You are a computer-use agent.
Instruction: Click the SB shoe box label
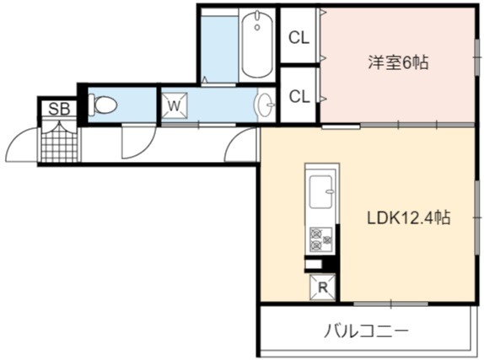pos(59,109)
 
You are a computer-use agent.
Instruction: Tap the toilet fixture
pos(103,105)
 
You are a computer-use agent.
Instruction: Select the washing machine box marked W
pos(174,105)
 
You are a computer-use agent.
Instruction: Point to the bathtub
pos(257,45)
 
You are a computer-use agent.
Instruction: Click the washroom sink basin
pos(265,105)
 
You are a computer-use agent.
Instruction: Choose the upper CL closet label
pos(298,38)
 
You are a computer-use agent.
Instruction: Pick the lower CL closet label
pos(299,96)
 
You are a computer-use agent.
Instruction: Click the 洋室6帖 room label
pos(398,62)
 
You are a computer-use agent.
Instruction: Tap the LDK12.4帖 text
pos(408,218)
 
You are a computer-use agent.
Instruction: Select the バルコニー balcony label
pos(366,331)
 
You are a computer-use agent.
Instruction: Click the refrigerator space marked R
pos(323,287)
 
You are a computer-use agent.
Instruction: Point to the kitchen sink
pos(321,191)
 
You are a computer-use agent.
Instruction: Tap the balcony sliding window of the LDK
pos(390,304)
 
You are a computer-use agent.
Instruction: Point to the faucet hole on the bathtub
pos(257,28)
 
